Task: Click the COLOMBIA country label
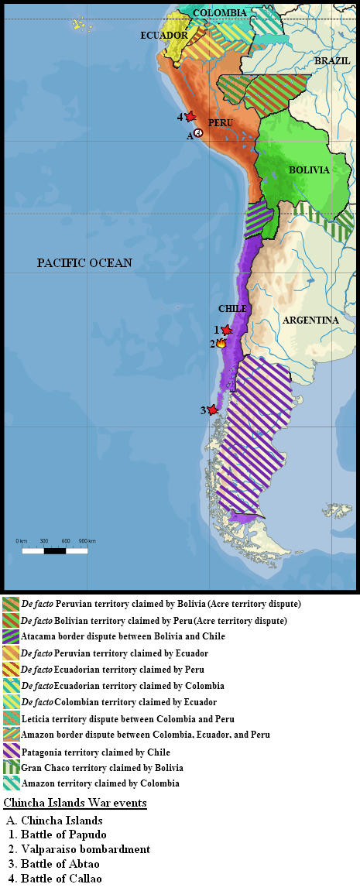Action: coord(220,13)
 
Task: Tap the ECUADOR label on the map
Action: coord(164,36)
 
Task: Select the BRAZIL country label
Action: coord(331,60)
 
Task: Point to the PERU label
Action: coord(221,123)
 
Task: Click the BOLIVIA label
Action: coord(309,170)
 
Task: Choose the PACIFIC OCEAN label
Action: coord(84,263)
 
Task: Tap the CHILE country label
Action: coord(232,309)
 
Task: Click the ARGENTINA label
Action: coord(310,320)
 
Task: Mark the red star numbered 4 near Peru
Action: coord(189,116)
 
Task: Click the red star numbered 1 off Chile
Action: coord(226,330)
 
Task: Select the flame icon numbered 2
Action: coord(221,343)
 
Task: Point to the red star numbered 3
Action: coord(213,410)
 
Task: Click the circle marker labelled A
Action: coord(198,134)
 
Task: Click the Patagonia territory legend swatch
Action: coord(11,751)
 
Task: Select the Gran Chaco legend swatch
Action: coord(11,767)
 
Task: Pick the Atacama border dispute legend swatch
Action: coord(11,636)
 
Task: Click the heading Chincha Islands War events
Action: coord(75,804)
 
